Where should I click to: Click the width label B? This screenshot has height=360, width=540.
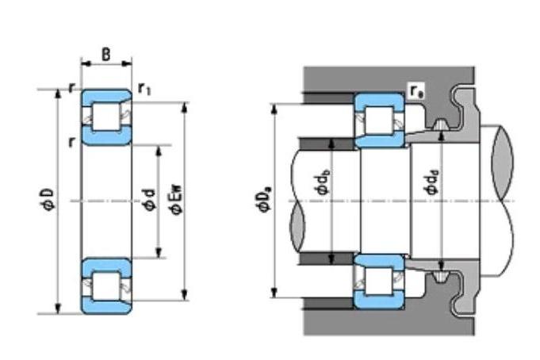[x=106, y=55]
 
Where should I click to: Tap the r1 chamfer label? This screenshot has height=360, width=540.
[x=144, y=89]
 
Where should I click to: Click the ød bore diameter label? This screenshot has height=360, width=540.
[x=149, y=200]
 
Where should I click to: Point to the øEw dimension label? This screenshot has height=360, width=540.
[x=177, y=200]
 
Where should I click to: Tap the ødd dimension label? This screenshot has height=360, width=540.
[x=432, y=182]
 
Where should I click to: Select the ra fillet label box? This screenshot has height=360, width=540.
[x=416, y=91]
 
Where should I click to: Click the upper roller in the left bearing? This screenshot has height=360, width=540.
[x=106, y=117]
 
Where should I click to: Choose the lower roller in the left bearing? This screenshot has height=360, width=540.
[x=106, y=286]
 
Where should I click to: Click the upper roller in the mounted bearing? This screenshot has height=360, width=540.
[x=379, y=121]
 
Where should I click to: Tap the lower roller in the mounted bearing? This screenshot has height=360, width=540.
[x=379, y=281]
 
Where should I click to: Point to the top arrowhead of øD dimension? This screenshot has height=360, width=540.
[x=58, y=94]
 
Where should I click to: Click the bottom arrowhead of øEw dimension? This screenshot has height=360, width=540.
[x=185, y=295]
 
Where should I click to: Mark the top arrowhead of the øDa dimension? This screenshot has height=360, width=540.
[x=274, y=108]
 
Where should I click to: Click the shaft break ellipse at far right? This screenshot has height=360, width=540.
[x=503, y=163]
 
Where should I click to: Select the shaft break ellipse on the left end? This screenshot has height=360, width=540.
[x=297, y=226]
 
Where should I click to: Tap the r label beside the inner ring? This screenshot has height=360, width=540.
[x=71, y=141]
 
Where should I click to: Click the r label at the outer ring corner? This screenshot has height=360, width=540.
[x=71, y=88]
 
